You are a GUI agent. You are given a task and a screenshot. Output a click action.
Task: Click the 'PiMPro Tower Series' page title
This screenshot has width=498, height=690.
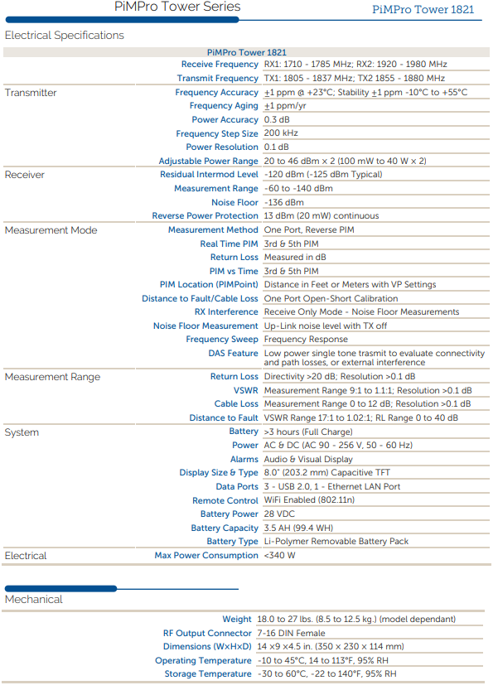[x=176, y=7]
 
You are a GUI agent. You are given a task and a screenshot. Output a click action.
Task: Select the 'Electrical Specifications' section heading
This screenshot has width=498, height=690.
[x=65, y=36]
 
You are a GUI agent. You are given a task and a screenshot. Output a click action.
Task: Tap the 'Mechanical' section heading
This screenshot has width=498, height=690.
[x=34, y=599]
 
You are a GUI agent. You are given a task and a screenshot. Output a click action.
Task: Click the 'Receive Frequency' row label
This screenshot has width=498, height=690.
[x=220, y=65]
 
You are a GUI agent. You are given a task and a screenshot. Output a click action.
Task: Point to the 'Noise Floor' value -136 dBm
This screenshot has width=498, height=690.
[x=283, y=202]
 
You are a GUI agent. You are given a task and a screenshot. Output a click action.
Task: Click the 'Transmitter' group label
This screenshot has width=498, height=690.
[x=31, y=93]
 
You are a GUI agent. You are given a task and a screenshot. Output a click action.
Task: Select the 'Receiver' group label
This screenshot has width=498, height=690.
[x=25, y=175]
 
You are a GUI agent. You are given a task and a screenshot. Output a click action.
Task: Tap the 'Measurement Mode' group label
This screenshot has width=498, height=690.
[x=51, y=230]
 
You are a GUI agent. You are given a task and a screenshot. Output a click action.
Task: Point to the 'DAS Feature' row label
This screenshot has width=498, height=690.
[x=233, y=353]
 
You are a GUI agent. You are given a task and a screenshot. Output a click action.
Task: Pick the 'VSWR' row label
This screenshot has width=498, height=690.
[x=245, y=390]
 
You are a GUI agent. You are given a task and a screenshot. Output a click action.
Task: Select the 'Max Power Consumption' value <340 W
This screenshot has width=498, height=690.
[x=279, y=556]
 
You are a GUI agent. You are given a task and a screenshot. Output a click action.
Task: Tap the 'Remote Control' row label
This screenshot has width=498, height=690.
[x=225, y=500]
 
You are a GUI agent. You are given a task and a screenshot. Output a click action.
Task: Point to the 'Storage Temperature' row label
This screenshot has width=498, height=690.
[x=207, y=674]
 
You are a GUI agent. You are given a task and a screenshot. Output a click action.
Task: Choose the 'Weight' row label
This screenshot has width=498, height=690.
[x=236, y=619]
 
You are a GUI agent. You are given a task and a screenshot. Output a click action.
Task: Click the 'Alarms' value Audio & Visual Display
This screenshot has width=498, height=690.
[x=308, y=459]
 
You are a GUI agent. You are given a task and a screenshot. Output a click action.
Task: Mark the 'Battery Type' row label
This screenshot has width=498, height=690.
[x=226, y=542]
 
